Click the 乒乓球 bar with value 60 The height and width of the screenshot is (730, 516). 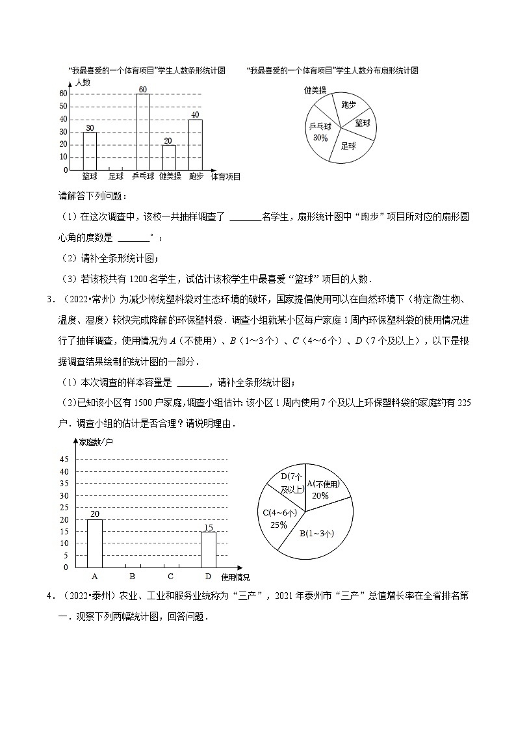tap(142, 132)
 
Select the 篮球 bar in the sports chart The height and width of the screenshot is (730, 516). tap(90, 151)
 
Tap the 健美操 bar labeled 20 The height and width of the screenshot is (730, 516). tap(169, 157)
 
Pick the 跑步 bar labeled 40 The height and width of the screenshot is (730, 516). tap(195, 144)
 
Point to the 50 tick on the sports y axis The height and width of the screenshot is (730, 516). tap(64, 107)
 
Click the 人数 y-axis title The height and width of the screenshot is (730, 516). tap(83, 83)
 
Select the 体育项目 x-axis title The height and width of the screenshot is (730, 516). tap(226, 176)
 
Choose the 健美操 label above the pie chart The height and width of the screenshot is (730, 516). tap(315, 90)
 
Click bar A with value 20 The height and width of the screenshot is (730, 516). tap(95, 543)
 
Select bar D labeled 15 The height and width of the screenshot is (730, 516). tap(208, 549)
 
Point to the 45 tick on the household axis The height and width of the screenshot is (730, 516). tap(64, 460)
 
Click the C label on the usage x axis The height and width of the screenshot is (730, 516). tap(170, 576)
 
